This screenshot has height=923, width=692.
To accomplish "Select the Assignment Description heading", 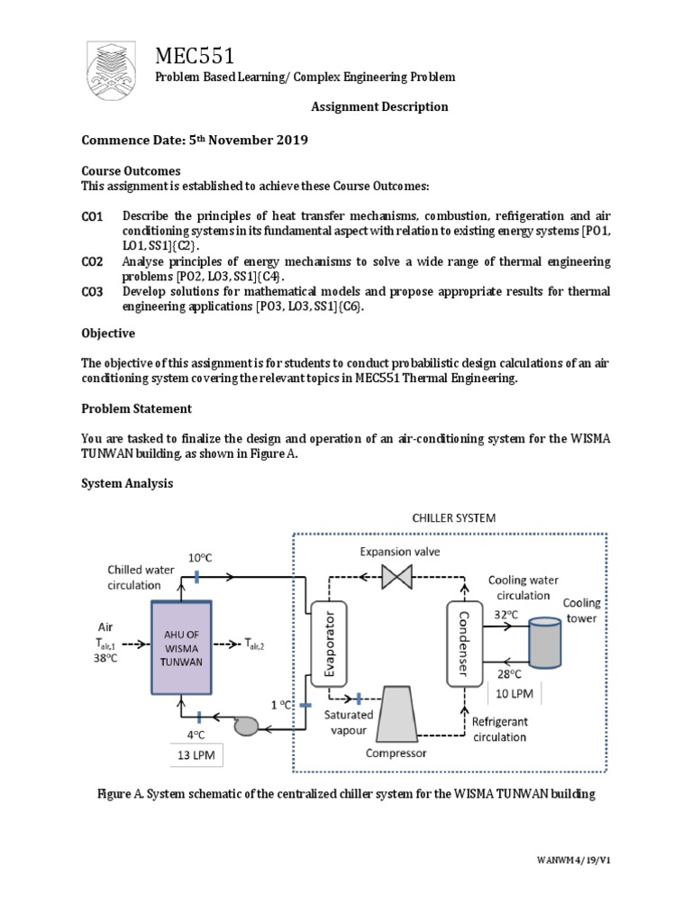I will pyautogui.click(x=379, y=106).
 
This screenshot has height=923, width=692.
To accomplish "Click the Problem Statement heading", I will pyautogui.click(x=137, y=408).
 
